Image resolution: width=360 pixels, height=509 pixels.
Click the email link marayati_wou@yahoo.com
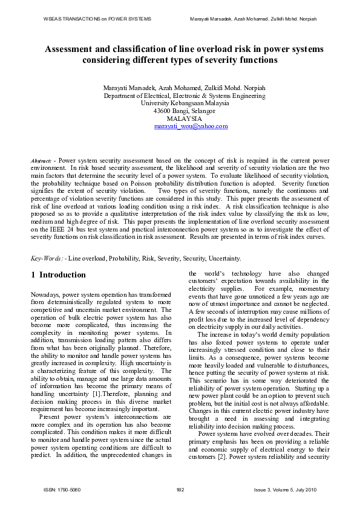191,126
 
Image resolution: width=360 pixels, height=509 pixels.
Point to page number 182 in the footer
180,489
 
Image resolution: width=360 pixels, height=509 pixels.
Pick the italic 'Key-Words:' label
47,259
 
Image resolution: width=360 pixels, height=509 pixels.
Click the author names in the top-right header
261,19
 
